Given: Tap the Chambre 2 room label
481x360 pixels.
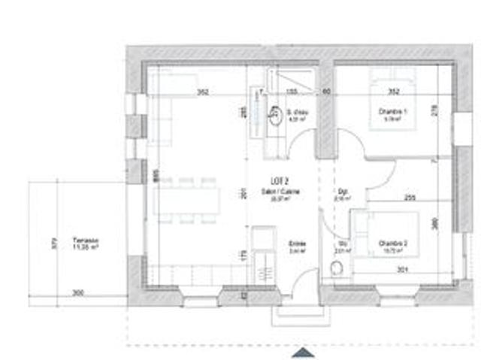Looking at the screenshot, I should click(x=393, y=245).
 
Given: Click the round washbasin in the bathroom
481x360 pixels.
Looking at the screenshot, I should click(x=275, y=115).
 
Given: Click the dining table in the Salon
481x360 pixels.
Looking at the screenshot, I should click(x=188, y=201).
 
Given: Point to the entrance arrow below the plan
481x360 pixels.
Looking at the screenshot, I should click(x=302, y=352).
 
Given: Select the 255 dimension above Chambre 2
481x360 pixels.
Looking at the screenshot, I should click(x=410, y=198).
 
